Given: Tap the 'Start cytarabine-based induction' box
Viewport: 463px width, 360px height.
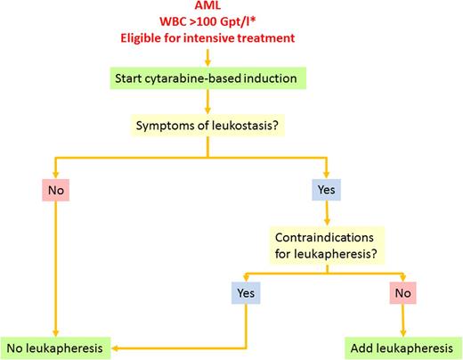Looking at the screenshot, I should coord(206,77).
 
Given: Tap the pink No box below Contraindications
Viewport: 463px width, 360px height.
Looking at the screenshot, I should coord(403,291).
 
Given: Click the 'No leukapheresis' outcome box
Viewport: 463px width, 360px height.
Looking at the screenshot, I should coord(56,347).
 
